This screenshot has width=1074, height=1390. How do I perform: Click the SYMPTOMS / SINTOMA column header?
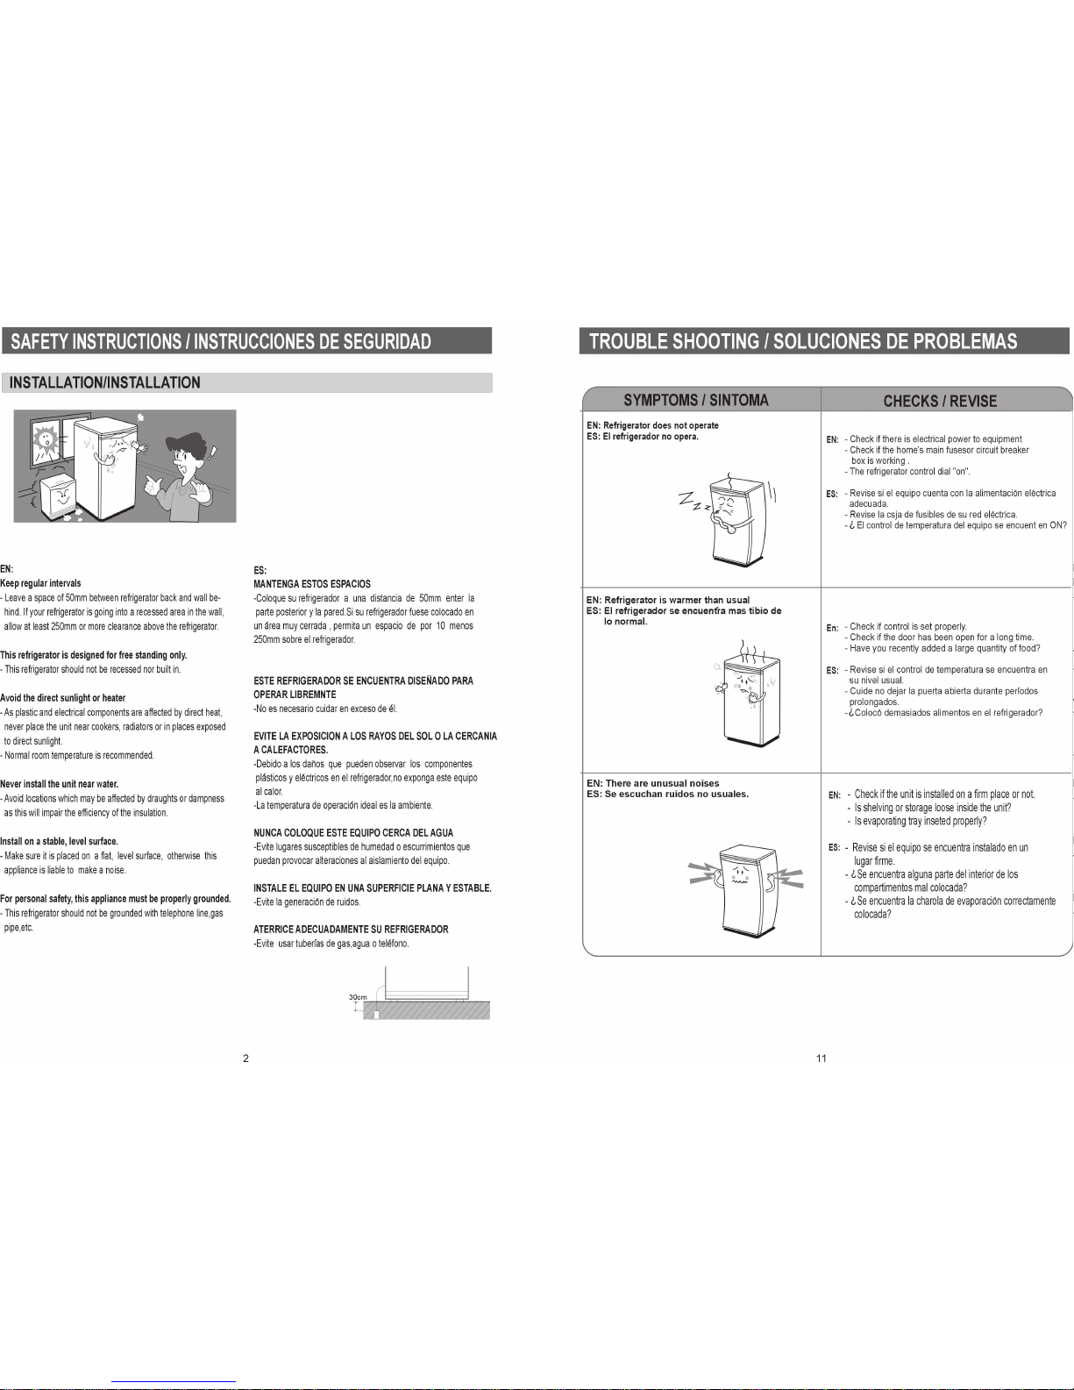coord(695,401)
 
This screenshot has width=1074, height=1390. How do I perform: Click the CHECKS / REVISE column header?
coord(940,401)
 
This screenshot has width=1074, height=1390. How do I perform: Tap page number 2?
coord(245,1059)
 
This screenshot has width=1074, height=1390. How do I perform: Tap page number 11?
coord(822,1059)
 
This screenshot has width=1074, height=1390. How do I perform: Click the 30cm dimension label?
coord(358,997)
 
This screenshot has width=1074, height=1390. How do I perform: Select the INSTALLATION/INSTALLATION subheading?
coord(105,382)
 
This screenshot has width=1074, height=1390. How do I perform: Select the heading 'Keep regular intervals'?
coord(40,583)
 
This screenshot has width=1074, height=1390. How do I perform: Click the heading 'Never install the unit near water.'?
coord(59,784)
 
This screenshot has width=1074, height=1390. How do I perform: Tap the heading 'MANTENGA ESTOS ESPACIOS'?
coord(312,584)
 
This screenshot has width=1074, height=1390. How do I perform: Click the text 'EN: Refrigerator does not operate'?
coord(652,425)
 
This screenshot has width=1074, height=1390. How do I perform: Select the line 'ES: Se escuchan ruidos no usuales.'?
coord(667,794)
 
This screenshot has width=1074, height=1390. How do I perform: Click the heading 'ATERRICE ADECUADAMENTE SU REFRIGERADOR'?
coord(351,930)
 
